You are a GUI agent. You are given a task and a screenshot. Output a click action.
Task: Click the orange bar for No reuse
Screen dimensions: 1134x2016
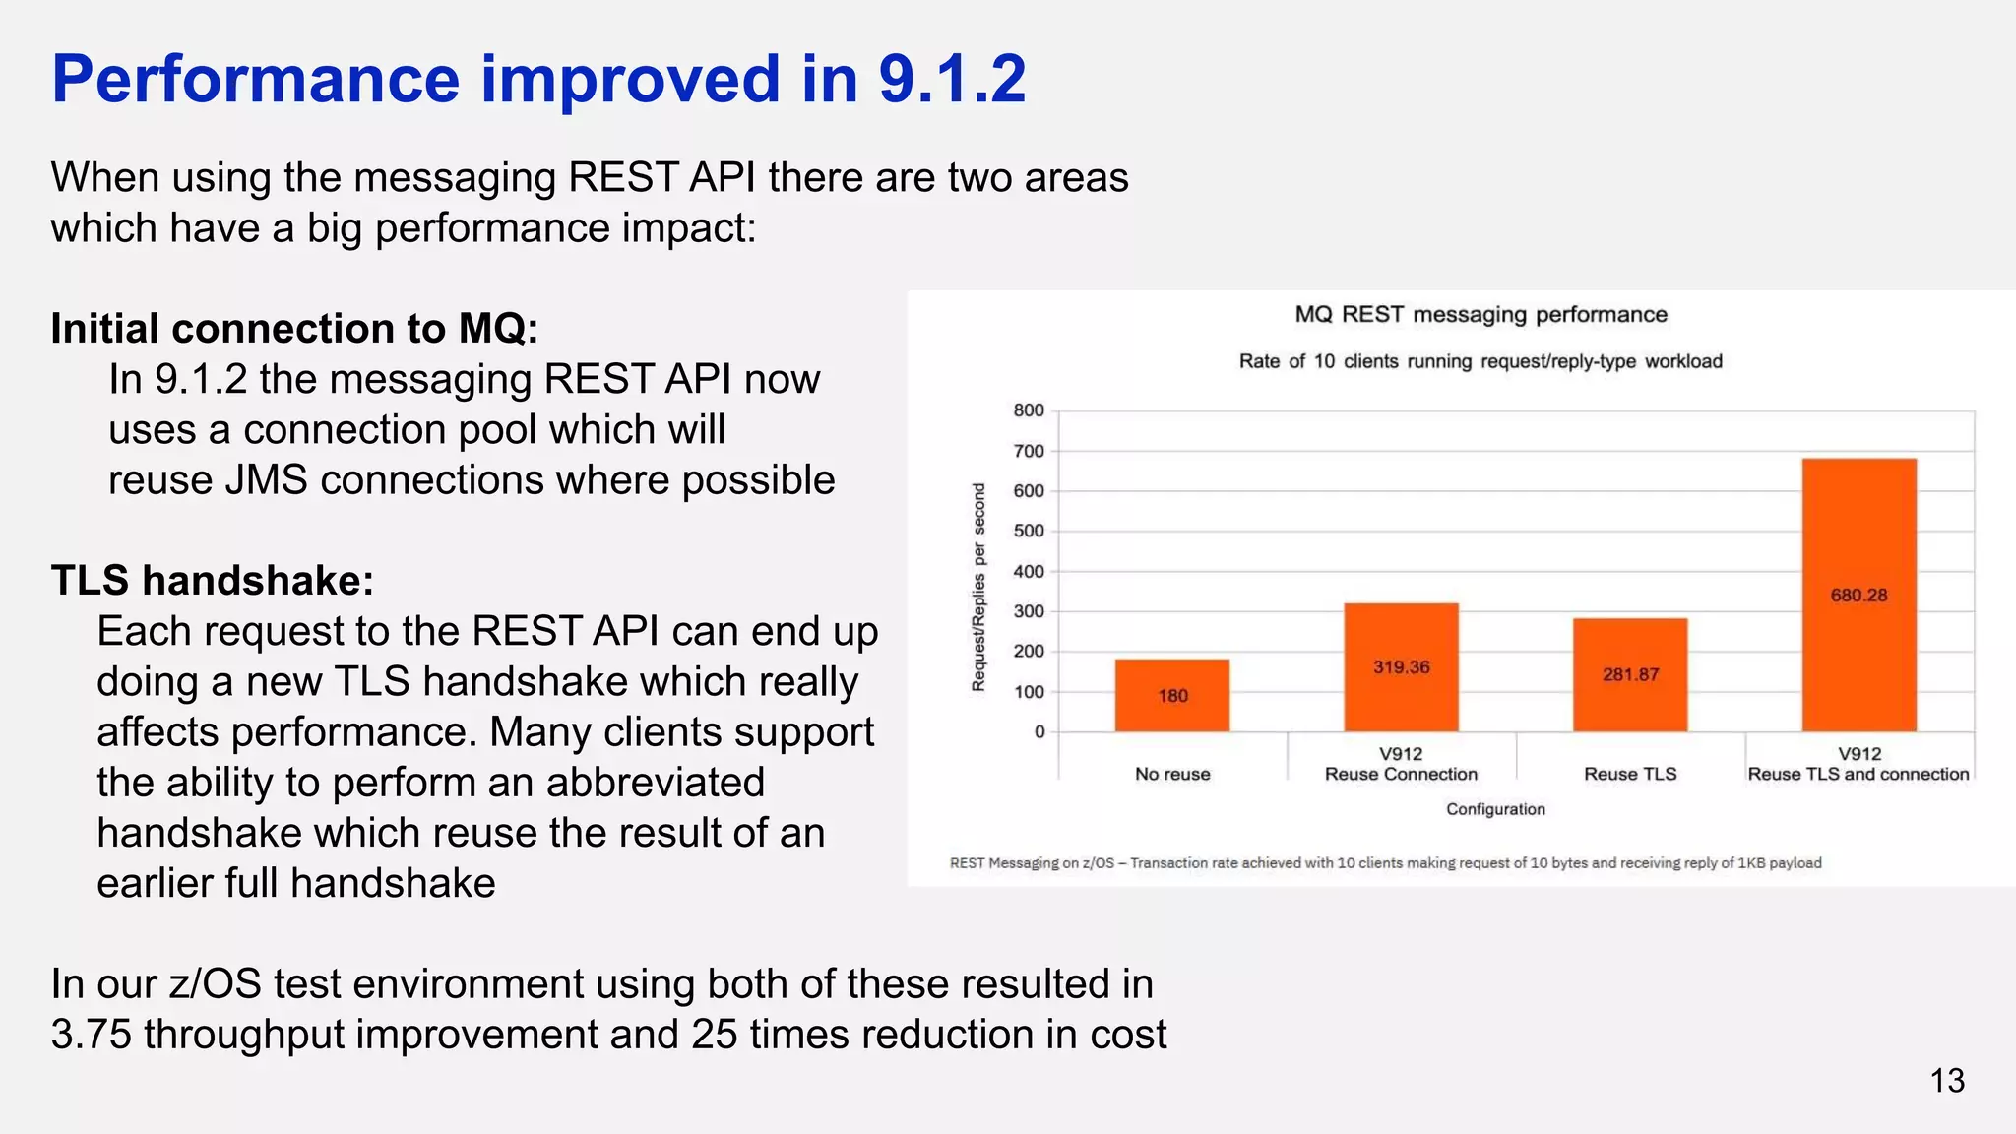1171,695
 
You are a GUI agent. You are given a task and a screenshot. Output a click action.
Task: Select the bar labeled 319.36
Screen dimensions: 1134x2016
1401,666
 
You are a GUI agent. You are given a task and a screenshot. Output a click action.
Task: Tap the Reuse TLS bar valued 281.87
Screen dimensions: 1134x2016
1630,674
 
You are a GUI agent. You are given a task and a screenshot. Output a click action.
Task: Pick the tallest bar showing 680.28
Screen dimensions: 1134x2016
1858,595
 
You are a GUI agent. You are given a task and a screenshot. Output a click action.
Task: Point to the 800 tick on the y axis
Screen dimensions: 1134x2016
1029,410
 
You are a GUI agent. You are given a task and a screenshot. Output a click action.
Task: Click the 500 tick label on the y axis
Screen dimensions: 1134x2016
1029,531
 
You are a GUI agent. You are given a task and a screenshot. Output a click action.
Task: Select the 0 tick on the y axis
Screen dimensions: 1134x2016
1039,731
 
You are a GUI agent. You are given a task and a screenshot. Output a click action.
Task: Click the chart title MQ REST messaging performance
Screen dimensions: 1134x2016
1480,315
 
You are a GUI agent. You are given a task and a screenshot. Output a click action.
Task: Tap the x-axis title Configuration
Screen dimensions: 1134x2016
1495,809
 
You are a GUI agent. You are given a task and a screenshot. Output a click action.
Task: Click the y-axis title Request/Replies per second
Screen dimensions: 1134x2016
978,587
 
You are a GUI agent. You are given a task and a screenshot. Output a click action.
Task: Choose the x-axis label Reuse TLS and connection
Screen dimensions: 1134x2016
1858,774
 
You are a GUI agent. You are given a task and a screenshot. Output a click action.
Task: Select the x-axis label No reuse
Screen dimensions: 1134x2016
1171,774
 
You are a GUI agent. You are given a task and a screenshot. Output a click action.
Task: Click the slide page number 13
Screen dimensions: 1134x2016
1946,1081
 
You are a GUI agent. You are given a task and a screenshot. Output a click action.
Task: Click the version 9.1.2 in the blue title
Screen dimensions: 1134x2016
951,79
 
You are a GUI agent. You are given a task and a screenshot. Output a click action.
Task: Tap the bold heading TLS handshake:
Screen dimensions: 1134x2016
213,580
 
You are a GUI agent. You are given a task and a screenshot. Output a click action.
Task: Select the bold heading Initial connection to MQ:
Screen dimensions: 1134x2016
294,328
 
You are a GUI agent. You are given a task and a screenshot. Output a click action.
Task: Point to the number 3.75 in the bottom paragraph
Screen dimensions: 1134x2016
92,1035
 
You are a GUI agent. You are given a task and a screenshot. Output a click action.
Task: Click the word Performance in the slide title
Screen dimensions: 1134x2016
255,79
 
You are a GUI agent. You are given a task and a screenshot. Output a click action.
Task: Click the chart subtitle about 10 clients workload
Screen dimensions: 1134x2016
1480,361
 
